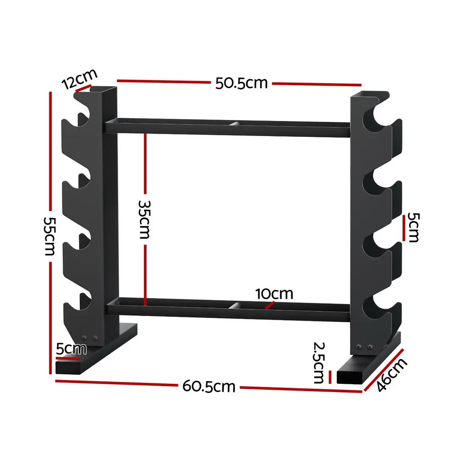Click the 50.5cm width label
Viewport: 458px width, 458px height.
[241, 83]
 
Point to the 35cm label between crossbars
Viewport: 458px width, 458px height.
[145, 219]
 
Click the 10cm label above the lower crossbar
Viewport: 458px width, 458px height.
[274, 294]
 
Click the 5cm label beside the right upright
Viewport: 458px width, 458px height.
[413, 227]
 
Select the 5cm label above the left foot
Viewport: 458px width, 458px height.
[71, 349]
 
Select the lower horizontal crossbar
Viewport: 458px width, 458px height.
[229, 307]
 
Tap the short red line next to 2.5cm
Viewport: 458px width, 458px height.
[330, 376]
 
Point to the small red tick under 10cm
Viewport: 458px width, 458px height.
[271, 304]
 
